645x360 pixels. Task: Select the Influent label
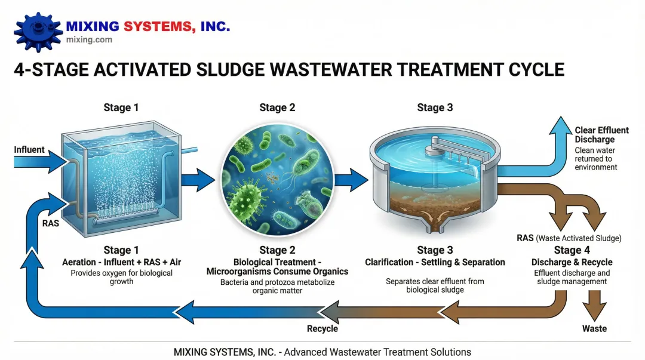29,149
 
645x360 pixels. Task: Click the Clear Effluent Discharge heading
601,134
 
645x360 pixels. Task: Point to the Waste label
594,328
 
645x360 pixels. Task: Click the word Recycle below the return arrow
322,328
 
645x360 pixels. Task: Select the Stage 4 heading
572,250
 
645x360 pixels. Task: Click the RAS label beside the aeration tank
50,223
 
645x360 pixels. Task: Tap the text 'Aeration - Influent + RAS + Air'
118,262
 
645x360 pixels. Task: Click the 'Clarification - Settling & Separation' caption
435,262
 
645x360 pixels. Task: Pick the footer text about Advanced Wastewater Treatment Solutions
322,352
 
